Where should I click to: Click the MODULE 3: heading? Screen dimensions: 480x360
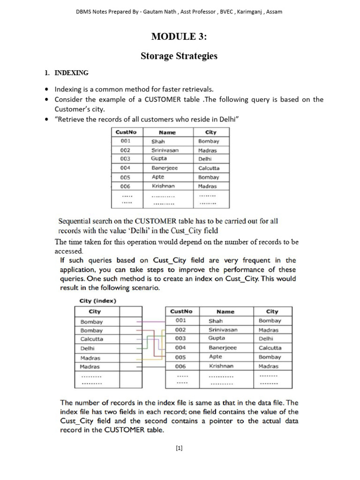click(180, 37)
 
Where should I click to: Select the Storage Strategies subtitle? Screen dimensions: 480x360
click(180, 56)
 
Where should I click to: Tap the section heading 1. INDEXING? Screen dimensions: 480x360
click(66, 73)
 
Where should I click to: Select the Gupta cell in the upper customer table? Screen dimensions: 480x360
click(159, 158)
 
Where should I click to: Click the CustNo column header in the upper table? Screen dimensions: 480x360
click(125, 132)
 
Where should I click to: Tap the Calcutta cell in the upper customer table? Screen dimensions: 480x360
click(209, 168)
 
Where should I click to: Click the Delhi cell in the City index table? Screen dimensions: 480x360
click(88, 348)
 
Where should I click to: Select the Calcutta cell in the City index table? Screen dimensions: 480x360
click(92, 339)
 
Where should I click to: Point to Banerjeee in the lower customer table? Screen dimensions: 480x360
click(223, 348)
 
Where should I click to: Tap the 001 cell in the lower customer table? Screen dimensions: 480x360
click(181, 321)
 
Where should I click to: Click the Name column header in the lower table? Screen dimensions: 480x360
click(225, 311)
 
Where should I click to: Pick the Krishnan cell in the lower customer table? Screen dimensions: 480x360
click(221, 366)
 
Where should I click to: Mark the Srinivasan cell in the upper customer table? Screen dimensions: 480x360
click(165, 150)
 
